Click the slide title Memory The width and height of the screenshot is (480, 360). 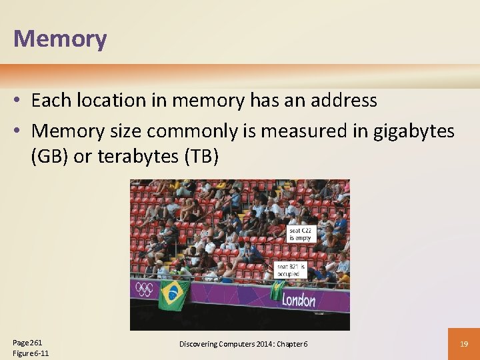(x=60, y=39)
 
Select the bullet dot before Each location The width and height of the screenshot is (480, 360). (x=19, y=101)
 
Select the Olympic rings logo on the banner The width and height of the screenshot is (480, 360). (x=144, y=289)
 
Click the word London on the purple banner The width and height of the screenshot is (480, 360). (x=298, y=300)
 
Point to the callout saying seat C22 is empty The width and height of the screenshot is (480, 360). (x=300, y=234)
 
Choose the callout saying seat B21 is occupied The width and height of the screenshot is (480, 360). (x=291, y=269)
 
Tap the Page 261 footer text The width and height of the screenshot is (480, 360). (x=26, y=342)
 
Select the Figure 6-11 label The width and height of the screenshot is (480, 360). (x=31, y=353)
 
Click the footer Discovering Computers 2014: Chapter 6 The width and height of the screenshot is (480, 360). (x=243, y=343)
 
